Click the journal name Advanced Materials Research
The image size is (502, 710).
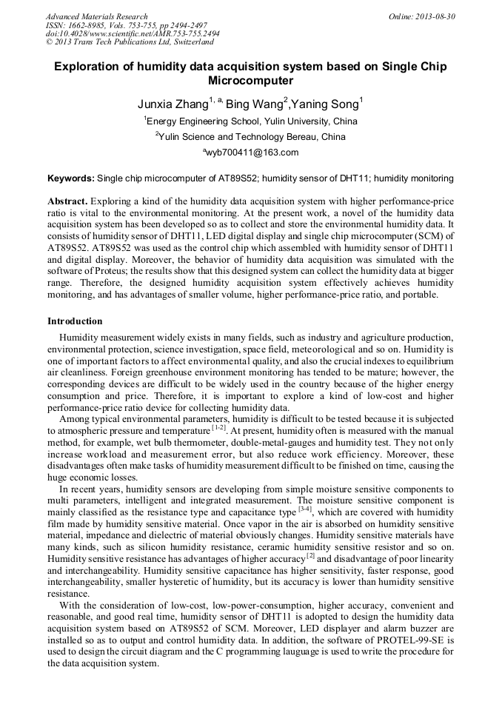click(x=96, y=16)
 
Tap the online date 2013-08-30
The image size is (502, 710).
click(x=433, y=16)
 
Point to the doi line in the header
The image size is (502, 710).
click(x=133, y=34)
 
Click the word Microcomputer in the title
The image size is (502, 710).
click(x=250, y=80)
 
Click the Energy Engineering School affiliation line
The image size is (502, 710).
click(x=250, y=121)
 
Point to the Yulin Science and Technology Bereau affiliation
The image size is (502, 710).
click(x=250, y=137)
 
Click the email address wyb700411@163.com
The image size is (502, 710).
click(x=252, y=153)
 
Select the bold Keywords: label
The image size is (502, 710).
click(x=71, y=178)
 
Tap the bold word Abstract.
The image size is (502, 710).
click(x=67, y=201)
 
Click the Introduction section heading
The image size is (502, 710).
click(x=75, y=321)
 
